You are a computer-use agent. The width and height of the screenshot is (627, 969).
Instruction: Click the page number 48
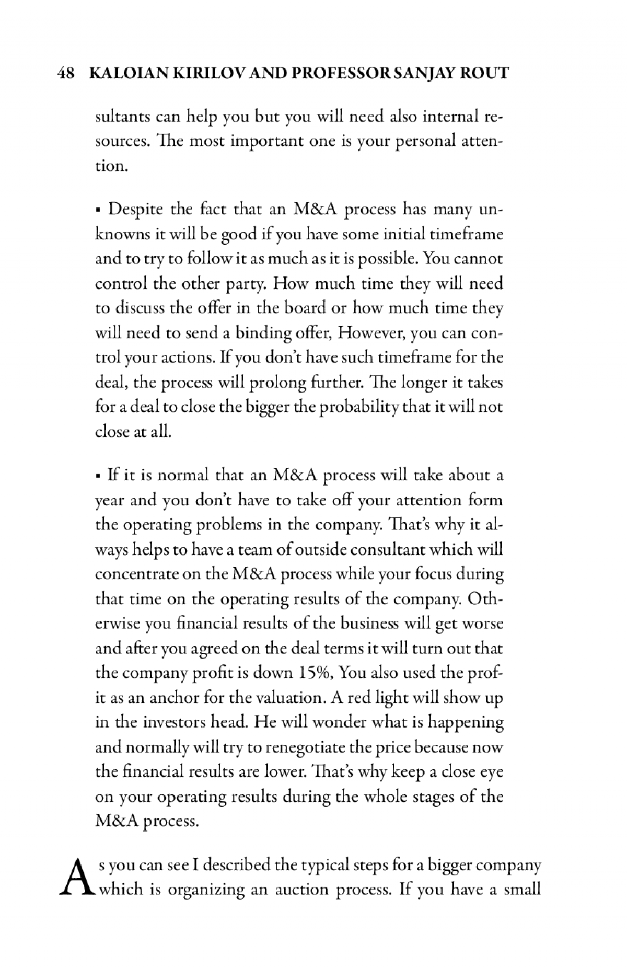coord(65,73)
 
